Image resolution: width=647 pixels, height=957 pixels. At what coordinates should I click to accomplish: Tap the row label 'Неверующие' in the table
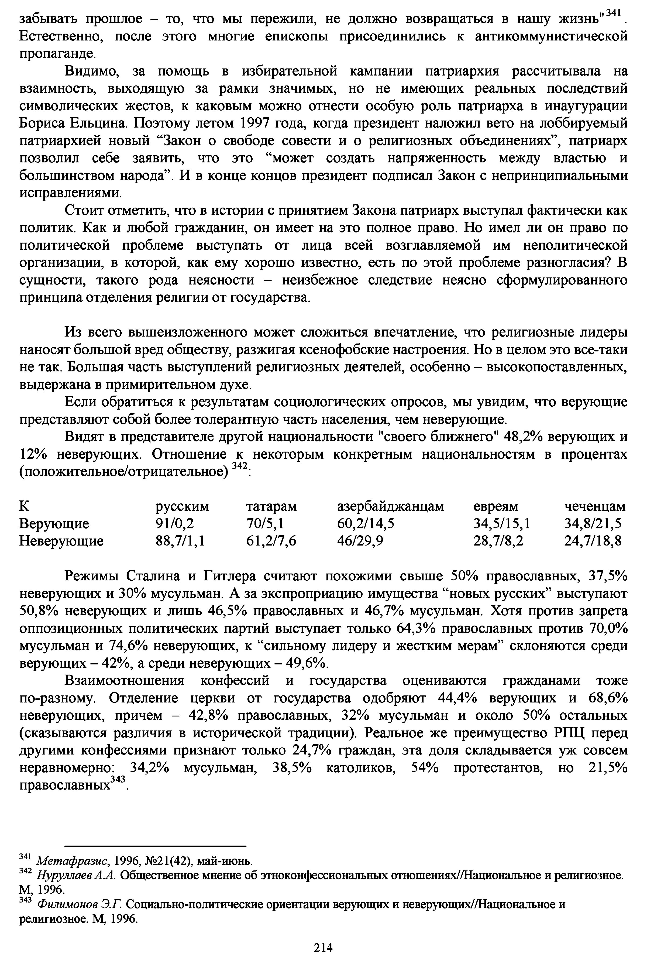point(61,541)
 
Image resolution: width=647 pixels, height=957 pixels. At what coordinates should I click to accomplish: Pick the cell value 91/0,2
point(174,523)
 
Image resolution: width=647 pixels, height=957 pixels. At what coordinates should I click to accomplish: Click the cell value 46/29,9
point(360,541)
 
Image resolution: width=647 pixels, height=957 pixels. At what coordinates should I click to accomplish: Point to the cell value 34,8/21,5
point(592,523)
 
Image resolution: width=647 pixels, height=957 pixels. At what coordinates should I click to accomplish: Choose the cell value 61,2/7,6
point(271,541)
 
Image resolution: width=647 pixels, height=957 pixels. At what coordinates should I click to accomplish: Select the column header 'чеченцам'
point(594,506)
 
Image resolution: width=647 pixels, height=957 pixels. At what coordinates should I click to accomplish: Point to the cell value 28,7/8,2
point(498,541)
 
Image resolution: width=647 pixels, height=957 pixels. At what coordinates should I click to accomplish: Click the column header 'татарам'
point(271,506)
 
